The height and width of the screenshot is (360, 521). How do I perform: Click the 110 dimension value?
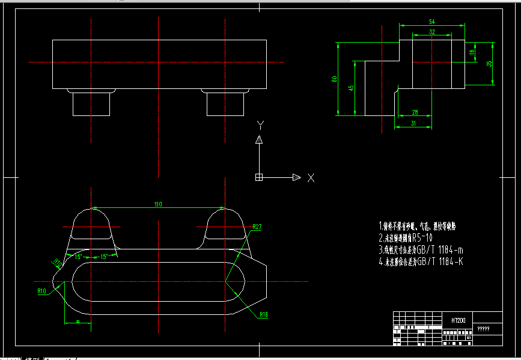pos(158,204)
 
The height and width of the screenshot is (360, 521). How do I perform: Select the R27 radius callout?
pos(257,227)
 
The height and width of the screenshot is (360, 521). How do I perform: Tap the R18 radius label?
pos(264,315)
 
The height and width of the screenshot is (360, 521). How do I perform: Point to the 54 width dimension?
pos(432,22)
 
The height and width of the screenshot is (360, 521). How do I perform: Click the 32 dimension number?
pos(432,31)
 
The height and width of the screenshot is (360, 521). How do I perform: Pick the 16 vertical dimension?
pos(472,52)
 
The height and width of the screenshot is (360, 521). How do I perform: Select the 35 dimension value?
pos(489,63)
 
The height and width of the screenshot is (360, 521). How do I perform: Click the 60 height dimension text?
pos(334,79)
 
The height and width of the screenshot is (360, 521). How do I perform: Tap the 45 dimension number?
pos(352,88)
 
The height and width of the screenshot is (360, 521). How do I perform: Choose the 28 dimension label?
pos(415,112)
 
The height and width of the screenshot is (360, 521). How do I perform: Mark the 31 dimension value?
pos(413,123)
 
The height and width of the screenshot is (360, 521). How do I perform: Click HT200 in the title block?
pos(458,321)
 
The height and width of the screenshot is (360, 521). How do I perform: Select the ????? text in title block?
pos(483,329)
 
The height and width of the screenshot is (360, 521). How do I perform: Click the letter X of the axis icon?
pos(311,178)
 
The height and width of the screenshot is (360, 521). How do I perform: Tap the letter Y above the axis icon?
pos(260,125)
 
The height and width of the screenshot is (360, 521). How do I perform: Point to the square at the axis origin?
pos(259,177)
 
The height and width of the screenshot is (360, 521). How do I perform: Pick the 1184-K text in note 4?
pos(448,261)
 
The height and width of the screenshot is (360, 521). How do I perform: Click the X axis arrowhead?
pos(296,177)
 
